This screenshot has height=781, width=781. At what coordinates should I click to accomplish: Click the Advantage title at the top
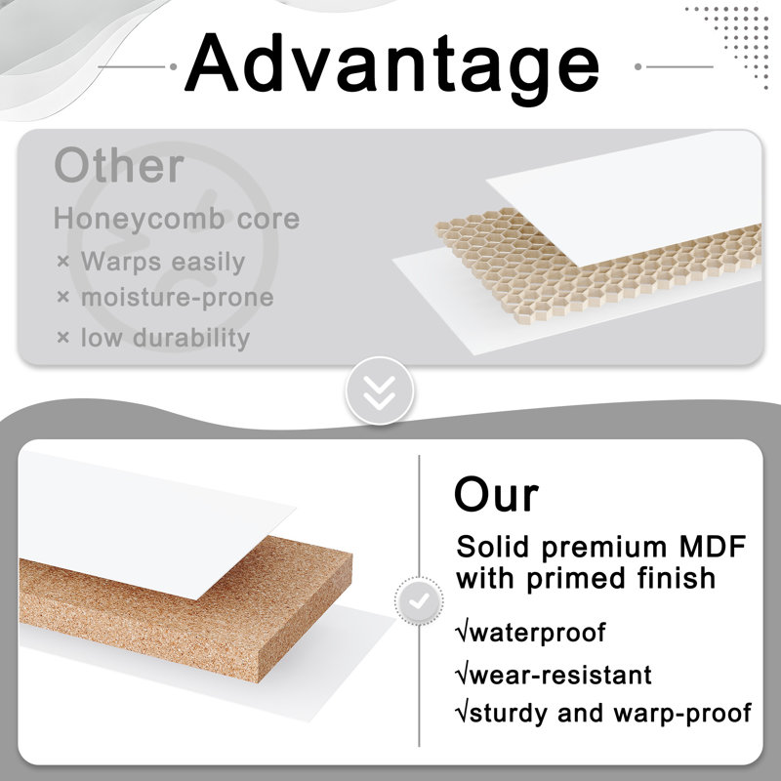point(391,66)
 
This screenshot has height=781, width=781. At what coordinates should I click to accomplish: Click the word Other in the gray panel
point(119,165)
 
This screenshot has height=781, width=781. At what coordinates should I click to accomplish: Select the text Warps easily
point(163,262)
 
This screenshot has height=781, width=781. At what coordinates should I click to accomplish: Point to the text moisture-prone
point(178,298)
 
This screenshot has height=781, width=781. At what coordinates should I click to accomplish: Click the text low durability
point(165,338)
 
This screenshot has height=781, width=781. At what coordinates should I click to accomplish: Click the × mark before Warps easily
point(62,261)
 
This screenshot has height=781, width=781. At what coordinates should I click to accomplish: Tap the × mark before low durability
point(62,337)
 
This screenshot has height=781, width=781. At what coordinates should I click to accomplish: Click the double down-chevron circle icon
point(380,391)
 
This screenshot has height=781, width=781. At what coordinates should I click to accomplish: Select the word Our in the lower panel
point(496,495)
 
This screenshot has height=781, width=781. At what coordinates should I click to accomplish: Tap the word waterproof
point(538,633)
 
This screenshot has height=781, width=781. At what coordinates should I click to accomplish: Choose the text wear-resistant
point(560,676)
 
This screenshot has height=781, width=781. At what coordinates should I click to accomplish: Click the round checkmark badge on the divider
point(419,601)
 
